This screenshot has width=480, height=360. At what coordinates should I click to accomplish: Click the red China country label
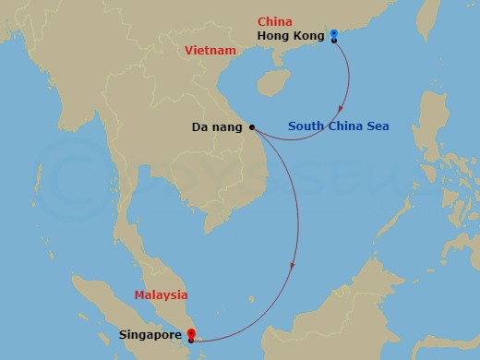click(275, 21)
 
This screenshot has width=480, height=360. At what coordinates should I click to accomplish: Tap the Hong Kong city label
click(291, 36)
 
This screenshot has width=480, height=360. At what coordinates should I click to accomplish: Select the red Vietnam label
click(210, 53)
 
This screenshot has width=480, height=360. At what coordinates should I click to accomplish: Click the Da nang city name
click(217, 127)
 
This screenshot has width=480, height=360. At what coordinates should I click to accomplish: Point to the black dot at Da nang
click(251, 127)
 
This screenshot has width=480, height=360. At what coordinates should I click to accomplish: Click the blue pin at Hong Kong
click(333, 33)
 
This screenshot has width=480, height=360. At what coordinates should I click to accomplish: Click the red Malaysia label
click(161, 295)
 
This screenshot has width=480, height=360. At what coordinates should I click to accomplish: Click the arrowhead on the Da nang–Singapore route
click(293, 268)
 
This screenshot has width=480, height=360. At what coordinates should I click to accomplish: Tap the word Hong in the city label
click(273, 36)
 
